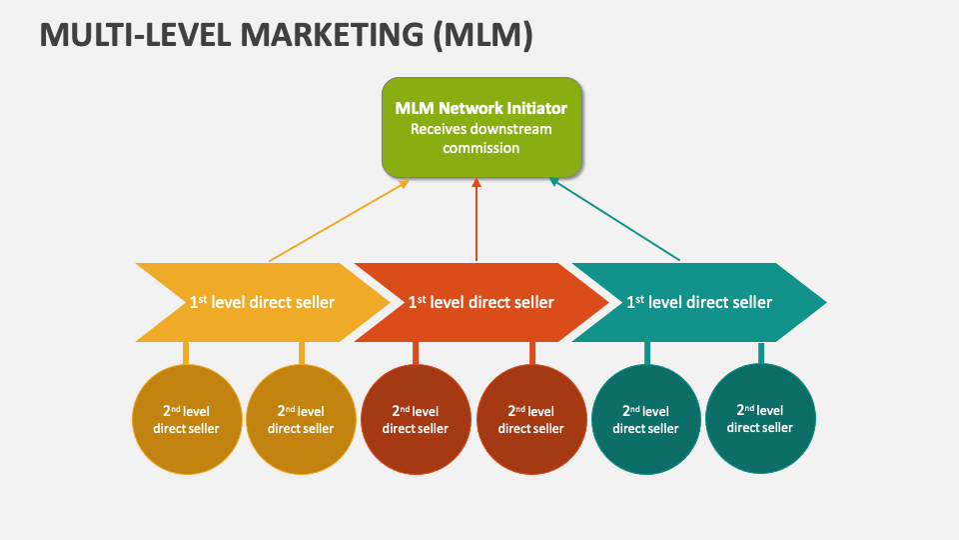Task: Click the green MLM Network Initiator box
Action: coord(481,126)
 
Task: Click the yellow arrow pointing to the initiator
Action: coord(340,221)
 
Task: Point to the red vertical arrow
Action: coord(477,220)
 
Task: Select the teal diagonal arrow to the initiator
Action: coord(614,220)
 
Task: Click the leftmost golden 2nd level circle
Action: coord(186,419)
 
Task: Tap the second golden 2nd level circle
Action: coord(301,419)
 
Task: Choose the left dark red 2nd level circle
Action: coord(416,419)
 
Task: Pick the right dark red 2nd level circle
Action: coord(531,419)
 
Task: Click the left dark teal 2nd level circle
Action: coord(646,419)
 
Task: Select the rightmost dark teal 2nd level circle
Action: coord(760,418)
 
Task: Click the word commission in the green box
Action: coord(481,148)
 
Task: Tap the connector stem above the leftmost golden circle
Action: coord(186,353)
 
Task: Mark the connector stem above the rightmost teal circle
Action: coord(761,353)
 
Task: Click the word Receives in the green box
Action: coord(440,129)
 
